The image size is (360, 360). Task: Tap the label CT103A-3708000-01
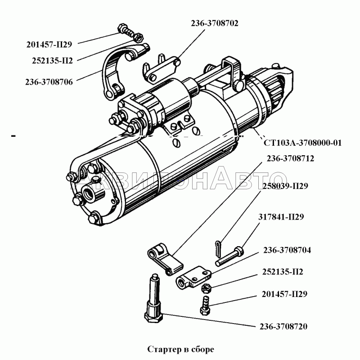point(302,143)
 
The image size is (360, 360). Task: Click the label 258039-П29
point(287,185)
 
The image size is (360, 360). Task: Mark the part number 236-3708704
point(288,250)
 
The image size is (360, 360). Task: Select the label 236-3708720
point(283,326)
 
